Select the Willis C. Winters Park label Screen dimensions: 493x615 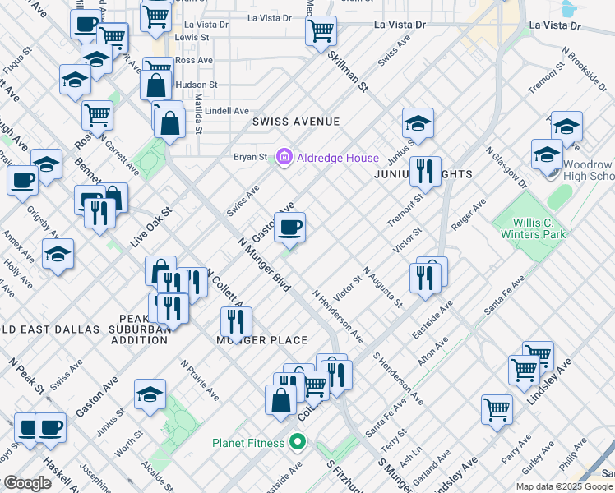point(533,228)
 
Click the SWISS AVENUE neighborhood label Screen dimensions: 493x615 point(296,122)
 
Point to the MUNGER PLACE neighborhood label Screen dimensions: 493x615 point(262,340)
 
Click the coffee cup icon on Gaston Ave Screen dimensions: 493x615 point(289,228)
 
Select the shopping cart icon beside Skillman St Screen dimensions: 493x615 point(321,32)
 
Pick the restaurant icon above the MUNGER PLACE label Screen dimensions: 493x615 point(236,322)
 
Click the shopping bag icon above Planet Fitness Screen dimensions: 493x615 point(280,400)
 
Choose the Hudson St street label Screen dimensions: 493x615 point(197,85)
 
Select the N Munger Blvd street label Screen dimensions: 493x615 point(264,265)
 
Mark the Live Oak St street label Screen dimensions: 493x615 point(150,228)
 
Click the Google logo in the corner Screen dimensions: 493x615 point(27,483)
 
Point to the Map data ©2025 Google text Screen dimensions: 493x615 point(564,486)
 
